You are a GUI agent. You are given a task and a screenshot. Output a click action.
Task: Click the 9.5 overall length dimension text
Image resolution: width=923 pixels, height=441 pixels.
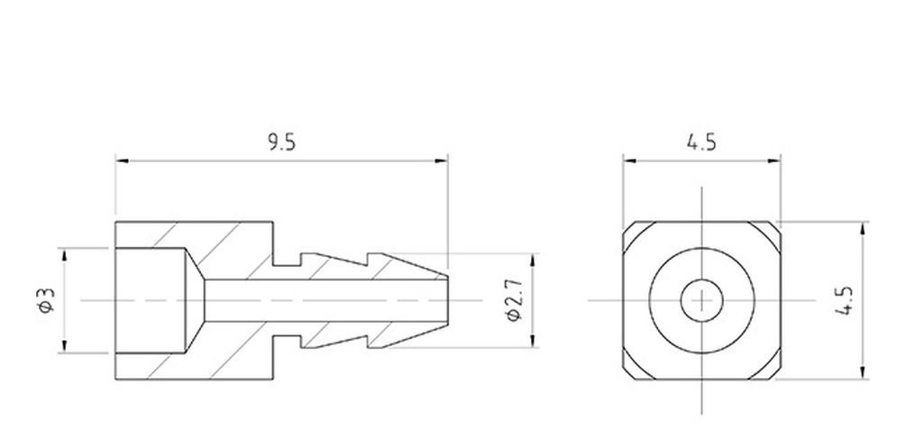(x=281, y=142)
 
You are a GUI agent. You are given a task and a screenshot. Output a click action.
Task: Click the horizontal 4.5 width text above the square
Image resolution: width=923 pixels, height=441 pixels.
(x=701, y=142)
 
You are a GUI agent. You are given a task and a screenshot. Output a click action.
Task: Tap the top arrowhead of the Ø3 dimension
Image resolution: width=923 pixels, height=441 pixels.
(x=64, y=252)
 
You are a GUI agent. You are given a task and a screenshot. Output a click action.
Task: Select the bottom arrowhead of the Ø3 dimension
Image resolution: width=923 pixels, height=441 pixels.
(x=64, y=349)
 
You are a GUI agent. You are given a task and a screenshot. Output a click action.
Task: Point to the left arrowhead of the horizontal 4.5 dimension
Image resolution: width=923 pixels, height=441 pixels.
(x=628, y=162)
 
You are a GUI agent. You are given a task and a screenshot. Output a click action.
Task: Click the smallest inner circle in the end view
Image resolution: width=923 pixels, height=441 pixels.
(x=700, y=299)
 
